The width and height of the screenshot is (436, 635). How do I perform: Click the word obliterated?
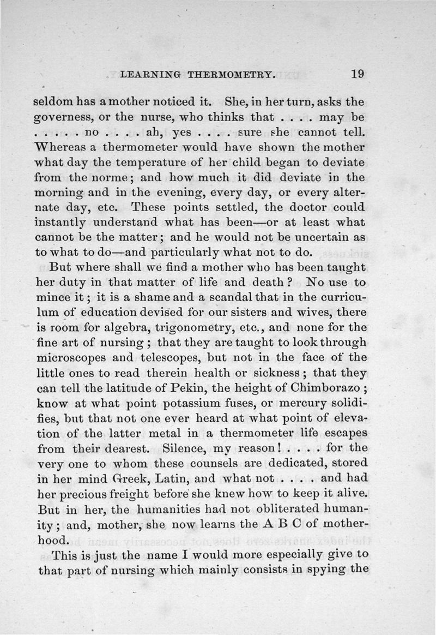253,511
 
